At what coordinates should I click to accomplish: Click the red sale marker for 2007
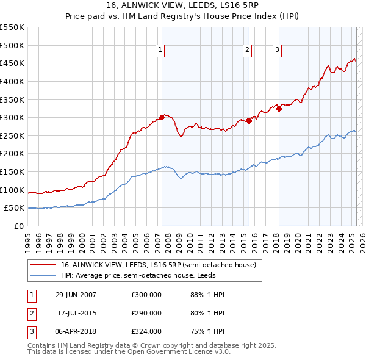(162, 117)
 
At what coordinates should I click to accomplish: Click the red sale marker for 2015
(249, 121)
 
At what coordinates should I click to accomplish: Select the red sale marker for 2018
(279, 109)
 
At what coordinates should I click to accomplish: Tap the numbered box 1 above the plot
(160, 50)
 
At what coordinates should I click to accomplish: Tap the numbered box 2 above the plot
(247, 50)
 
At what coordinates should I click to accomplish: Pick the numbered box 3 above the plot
(277, 50)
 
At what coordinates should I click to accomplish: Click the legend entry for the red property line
(161, 265)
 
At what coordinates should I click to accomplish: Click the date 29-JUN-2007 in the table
(76, 295)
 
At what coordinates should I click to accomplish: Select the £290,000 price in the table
(146, 313)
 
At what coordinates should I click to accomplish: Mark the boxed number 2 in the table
(31, 313)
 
